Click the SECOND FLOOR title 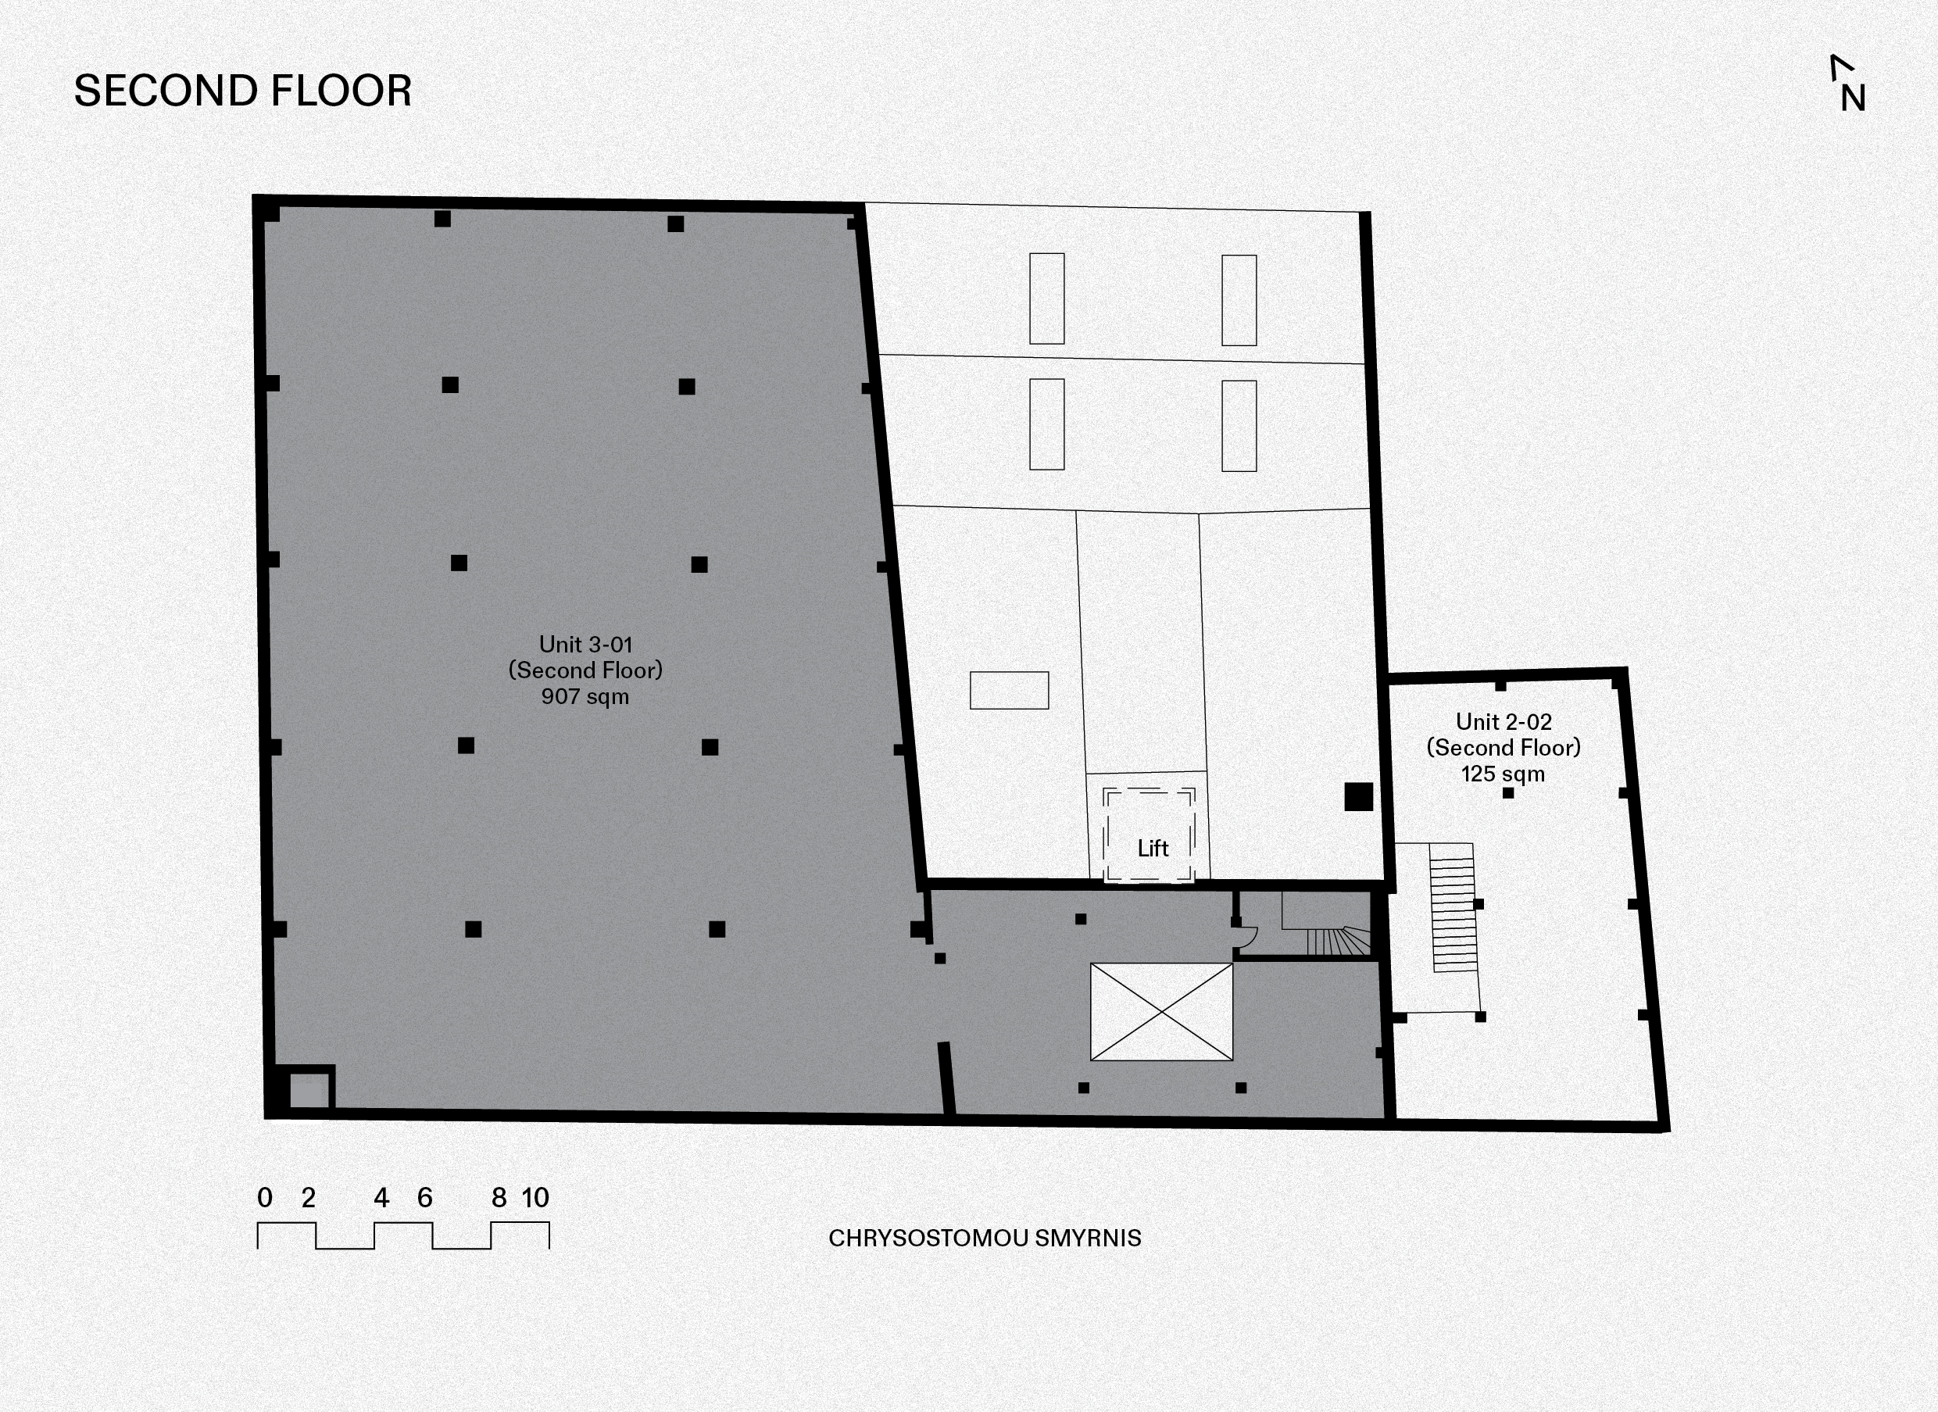click(243, 91)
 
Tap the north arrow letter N click(1854, 99)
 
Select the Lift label click(1153, 849)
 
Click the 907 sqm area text click(585, 696)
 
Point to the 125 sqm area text click(1503, 774)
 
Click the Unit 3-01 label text click(585, 645)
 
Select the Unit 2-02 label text click(1504, 722)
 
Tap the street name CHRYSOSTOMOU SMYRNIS click(985, 1239)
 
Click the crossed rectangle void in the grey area click(1162, 1012)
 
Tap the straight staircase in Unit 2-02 click(1453, 908)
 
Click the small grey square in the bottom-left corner click(309, 1092)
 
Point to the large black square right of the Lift click(1358, 796)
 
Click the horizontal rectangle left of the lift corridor click(1009, 691)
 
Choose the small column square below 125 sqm click(1508, 793)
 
